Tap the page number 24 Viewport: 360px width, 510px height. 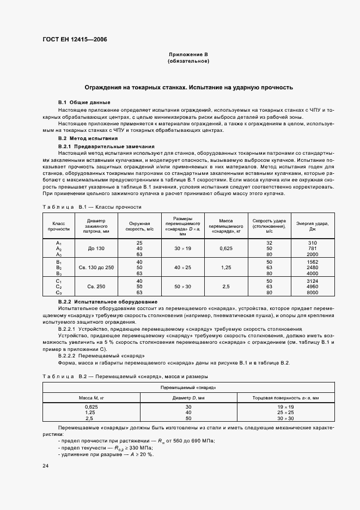[45, 466]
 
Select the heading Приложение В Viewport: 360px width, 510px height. [188, 55]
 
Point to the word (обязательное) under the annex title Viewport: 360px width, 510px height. [188, 61]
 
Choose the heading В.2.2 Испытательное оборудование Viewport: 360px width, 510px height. [108, 301]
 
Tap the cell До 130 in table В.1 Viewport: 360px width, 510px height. [95, 248]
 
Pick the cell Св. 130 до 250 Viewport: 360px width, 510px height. [95, 268]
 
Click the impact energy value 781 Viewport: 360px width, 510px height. [312, 248]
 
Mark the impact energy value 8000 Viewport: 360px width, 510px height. [312, 292]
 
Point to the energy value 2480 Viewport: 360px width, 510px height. [312, 268]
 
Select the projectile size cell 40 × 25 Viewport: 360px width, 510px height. [183, 268]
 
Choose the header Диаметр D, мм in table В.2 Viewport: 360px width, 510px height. [187, 398]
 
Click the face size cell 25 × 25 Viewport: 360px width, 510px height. [285, 412]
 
